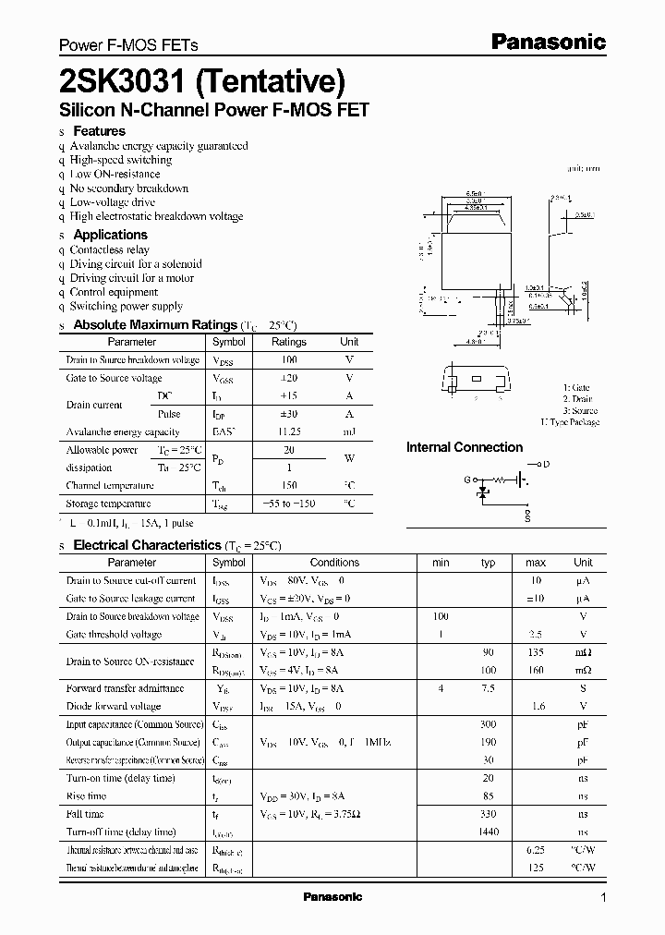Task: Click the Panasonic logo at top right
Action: point(547,42)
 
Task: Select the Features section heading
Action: point(99,131)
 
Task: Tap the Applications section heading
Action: point(110,235)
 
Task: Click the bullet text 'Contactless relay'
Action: point(109,249)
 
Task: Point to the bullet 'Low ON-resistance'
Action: point(115,174)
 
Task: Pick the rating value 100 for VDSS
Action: point(289,359)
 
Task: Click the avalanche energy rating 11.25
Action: point(289,431)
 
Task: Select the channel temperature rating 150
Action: point(289,486)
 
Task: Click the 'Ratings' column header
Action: point(289,342)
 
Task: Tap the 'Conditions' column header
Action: point(334,563)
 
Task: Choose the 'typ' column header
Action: point(489,563)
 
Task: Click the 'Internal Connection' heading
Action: point(465,447)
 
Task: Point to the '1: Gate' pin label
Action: point(576,388)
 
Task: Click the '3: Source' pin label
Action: point(580,410)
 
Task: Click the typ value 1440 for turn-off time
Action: point(489,832)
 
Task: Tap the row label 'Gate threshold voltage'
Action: point(114,635)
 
